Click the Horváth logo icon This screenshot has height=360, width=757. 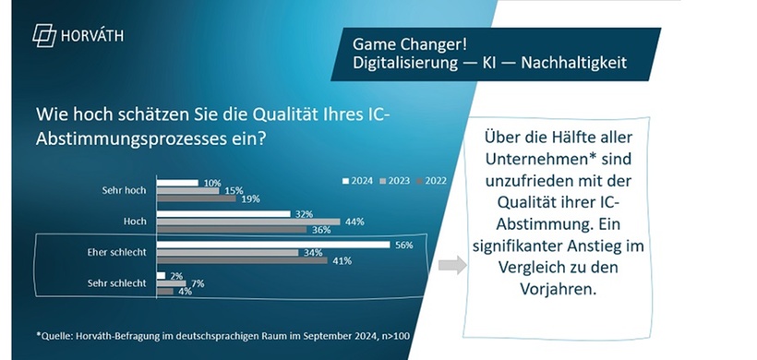click(x=43, y=36)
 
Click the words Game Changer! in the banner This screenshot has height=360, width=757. click(x=395, y=44)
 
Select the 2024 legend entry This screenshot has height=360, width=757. click(x=359, y=181)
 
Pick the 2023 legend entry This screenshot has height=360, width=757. click(x=396, y=181)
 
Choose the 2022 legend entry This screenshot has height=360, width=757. click(x=431, y=181)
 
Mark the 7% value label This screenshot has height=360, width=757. click(x=198, y=283)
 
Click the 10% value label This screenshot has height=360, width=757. click(x=211, y=183)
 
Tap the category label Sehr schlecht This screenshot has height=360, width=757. click(x=123, y=283)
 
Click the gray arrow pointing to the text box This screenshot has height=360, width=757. click(x=451, y=266)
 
